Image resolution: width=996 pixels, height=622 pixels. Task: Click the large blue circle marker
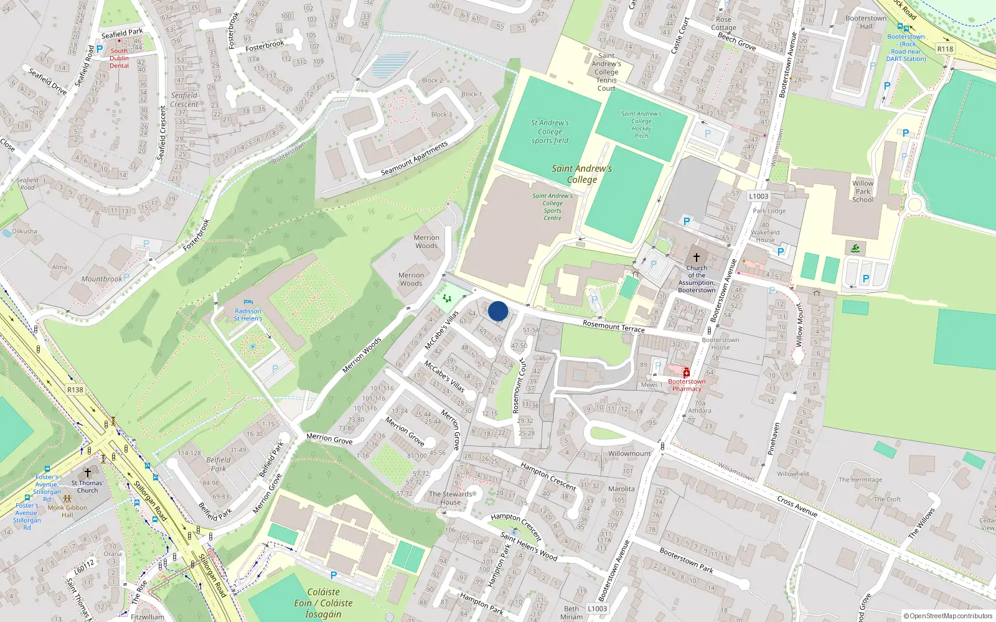pyautogui.click(x=498, y=311)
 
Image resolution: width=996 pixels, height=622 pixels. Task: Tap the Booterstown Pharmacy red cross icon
pyautogui.click(x=686, y=373)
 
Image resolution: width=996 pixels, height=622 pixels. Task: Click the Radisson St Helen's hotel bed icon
pyautogui.click(x=248, y=302)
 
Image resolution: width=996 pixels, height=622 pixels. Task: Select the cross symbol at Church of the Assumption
pyautogui.click(x=697, y=257)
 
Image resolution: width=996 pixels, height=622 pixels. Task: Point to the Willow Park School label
pyautogui.click(x=863, y=192)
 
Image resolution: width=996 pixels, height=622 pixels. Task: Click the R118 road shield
pyautogui.click(x=945, y=49)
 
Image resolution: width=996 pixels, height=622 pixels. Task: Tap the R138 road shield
pyautogui.click(x=75, y=390)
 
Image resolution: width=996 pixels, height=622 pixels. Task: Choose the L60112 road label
pyautogui.click(x=84, y=566)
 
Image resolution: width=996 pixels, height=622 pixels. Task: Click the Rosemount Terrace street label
pyautogui.click(x=613, y=326)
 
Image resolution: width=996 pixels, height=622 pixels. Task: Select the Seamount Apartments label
pyautogui.click(x=414, y=159)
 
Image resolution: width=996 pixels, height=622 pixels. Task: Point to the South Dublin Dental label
pyautogui.click(x=119, y=58)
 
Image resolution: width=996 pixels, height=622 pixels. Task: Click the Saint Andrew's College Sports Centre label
pyautogui.click(x=552, y=207)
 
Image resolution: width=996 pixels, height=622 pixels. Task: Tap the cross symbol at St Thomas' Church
pyautogui.click(x=88, y=473)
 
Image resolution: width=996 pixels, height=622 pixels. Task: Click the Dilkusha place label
pyautogui.click(x=24, y=231)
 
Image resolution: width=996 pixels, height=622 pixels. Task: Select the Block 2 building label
pyautogui.click(x=432, y=80)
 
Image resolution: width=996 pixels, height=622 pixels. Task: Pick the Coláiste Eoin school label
pyautogui.click(x=324, y=603)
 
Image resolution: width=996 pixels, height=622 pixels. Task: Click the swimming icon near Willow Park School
pyautogui.click(x=855, y=249)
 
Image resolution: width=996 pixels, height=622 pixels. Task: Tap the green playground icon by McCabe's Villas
pyautogui.click(x=447, y=299)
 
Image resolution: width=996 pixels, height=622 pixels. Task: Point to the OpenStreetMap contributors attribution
pyautogui.click(x=947, y=616)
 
